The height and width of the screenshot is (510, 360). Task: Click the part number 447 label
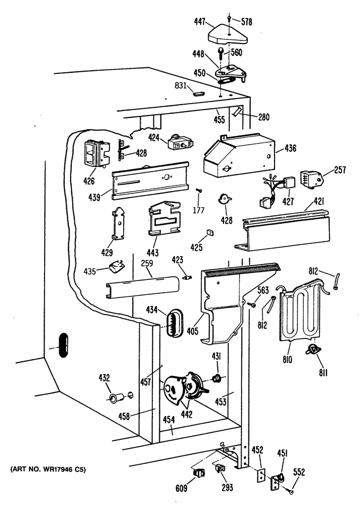point(199,22)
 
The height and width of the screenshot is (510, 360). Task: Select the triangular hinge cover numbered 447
point(228,35)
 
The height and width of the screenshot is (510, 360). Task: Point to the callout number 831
point(181,86)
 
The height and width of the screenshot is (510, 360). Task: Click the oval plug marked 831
point(199,94)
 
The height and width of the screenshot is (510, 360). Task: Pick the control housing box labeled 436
point(239,155)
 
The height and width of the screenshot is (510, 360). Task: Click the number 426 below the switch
point(89,181)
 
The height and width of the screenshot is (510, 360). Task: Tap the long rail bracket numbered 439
point(150,181)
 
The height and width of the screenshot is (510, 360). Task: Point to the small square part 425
point(210,232)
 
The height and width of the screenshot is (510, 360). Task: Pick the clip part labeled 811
point(313,350)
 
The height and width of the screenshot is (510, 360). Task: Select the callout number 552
point(298,472)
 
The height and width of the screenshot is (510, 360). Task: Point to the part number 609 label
point(181,488)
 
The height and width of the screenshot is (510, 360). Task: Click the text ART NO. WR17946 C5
point(48,470)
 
